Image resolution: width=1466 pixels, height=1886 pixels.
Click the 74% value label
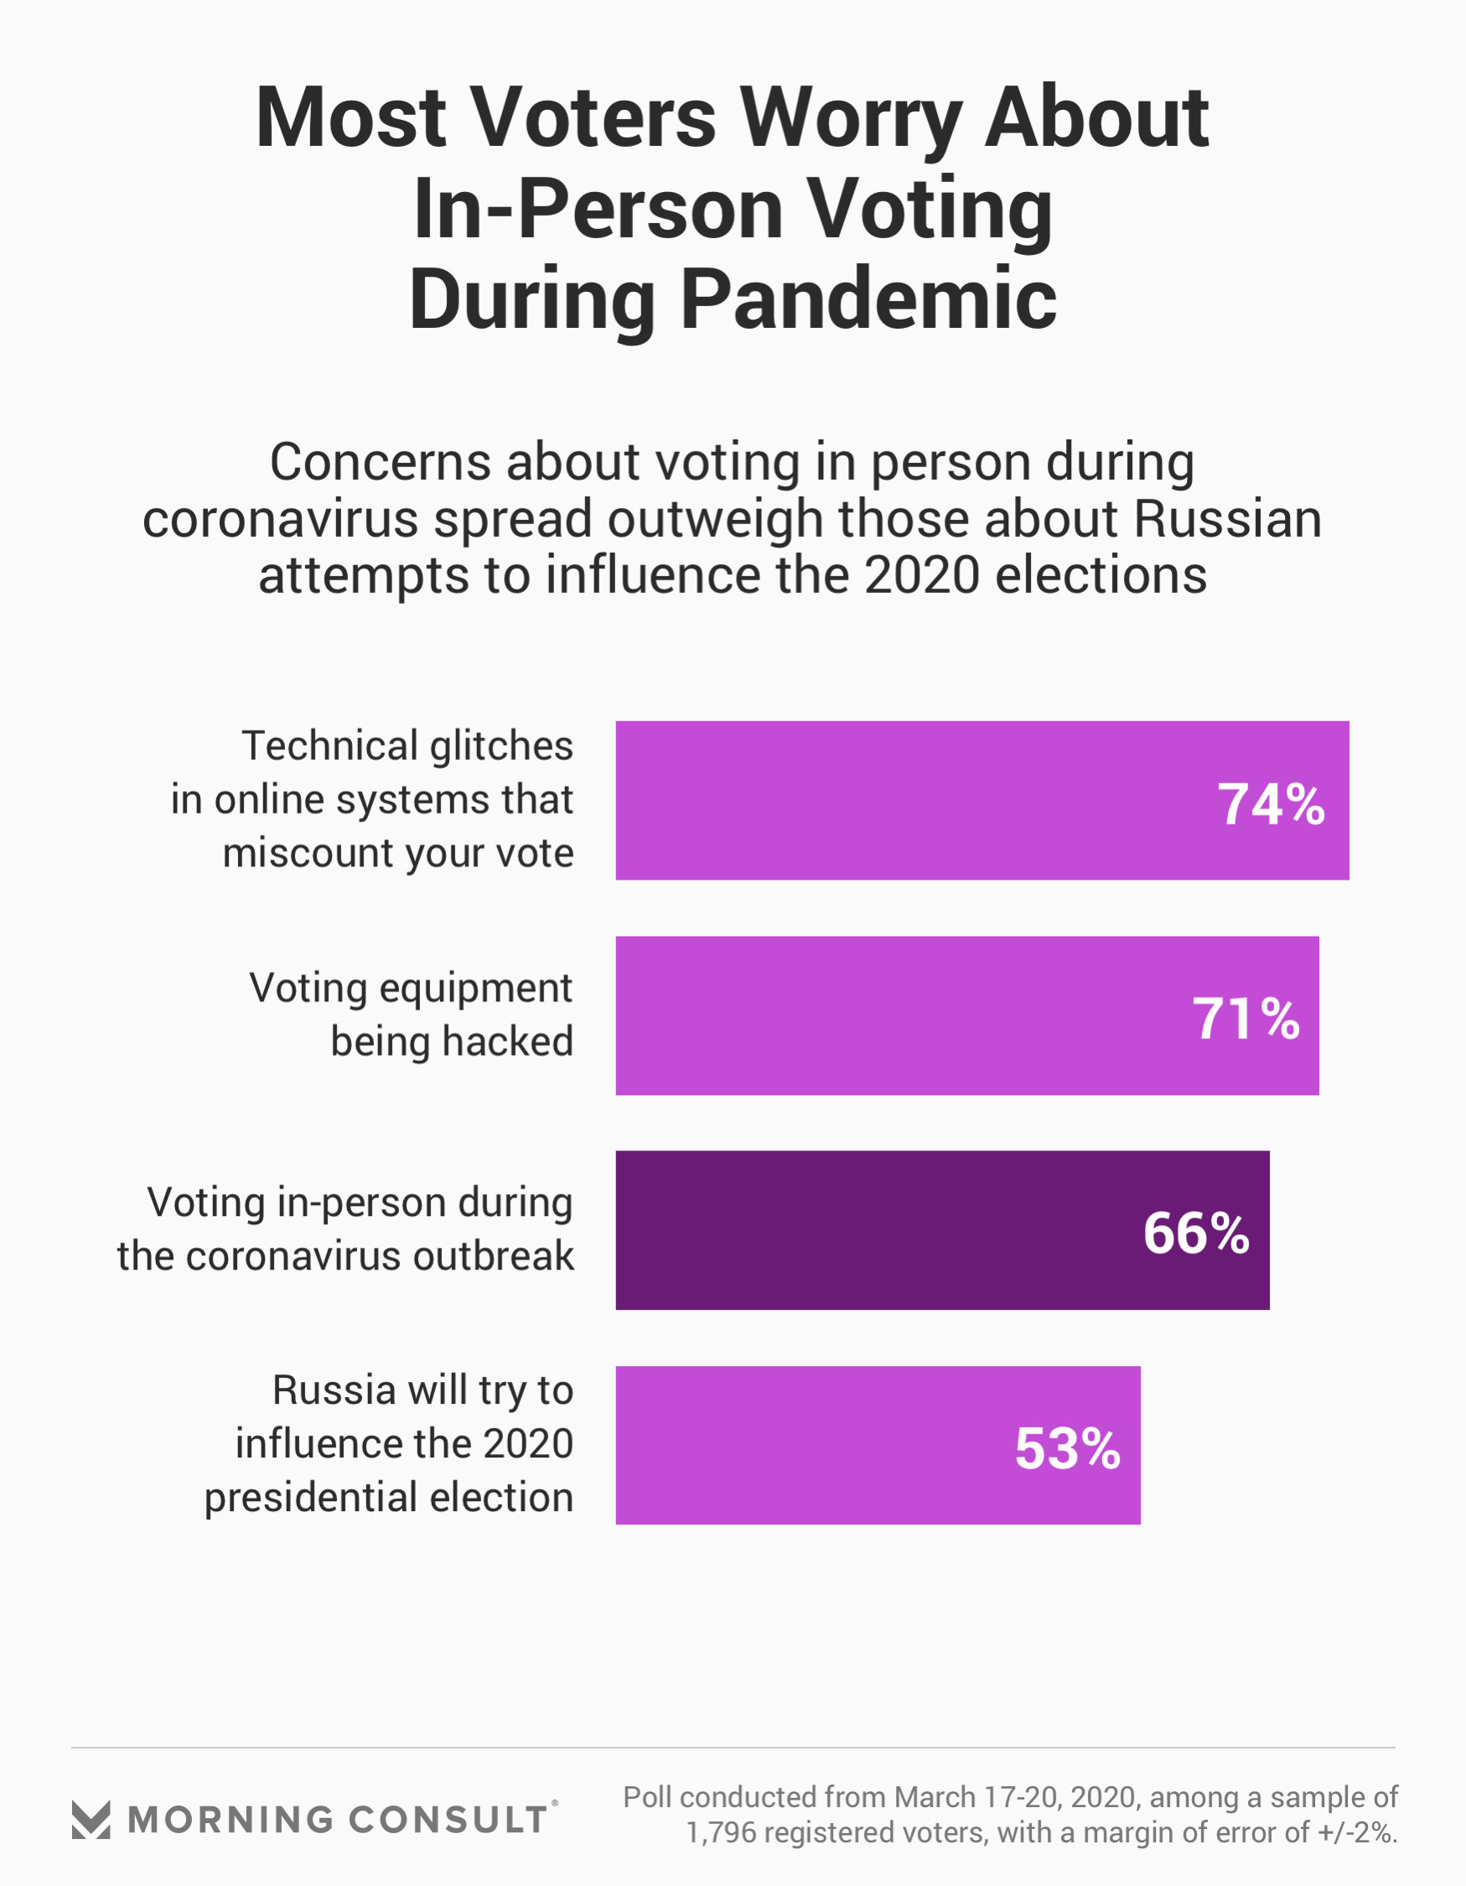(x=1270, y=805)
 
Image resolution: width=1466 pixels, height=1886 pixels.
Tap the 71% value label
(x=1245, y=1019)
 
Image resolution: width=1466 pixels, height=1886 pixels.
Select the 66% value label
(x=1196, y=1233)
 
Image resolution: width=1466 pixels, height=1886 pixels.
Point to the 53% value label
(x=1067, y=1448)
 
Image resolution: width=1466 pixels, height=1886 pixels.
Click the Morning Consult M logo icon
(x=91, y=1820)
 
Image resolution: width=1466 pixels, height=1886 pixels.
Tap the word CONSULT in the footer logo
(x=448, y=1820)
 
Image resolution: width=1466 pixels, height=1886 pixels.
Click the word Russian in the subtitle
(x=1227, y=519)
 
